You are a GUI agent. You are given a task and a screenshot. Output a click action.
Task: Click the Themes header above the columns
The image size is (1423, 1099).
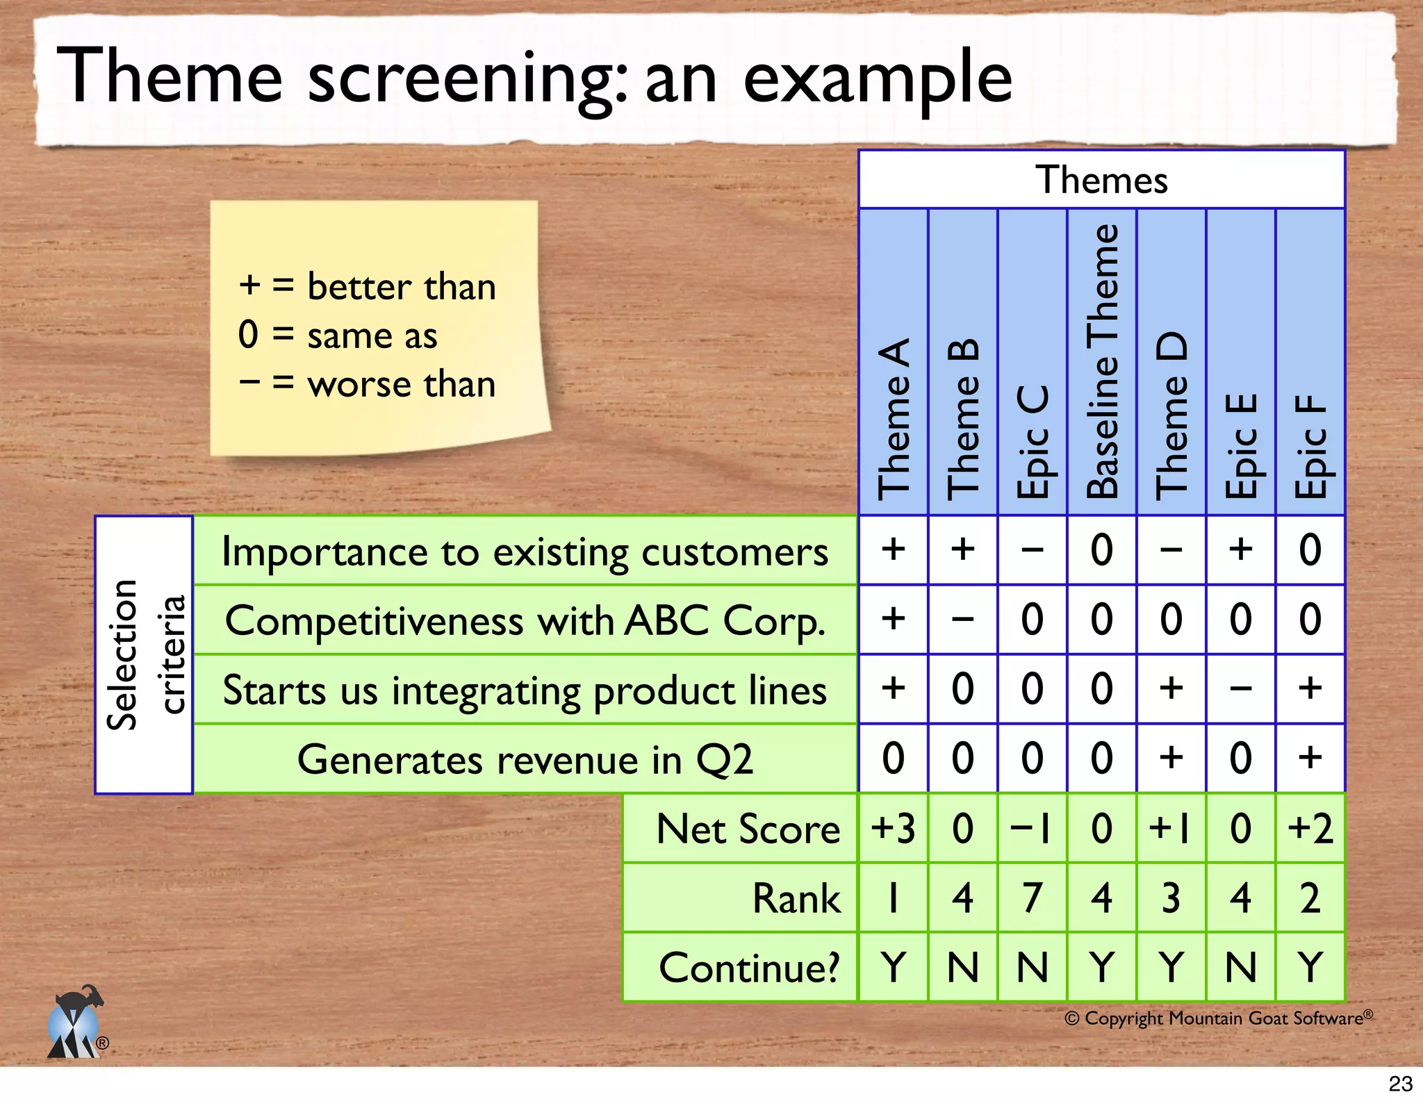pyautogui.click(x=1101, y=180)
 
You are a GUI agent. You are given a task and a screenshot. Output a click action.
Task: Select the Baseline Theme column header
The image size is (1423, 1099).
pyautogui.click(x=1102, y=362)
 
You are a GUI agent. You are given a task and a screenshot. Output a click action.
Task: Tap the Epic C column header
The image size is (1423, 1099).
pyautogui.click(x=1033, y=440)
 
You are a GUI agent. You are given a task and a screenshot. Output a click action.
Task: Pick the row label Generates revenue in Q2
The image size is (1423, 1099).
pyautogui.click(x=525, y=759)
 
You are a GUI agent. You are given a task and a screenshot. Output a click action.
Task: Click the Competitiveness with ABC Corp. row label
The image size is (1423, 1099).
pyautogui.click(x=525, y=620)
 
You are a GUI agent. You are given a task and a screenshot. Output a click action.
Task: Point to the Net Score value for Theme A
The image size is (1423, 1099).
pyautogui.click(x=893, y=828)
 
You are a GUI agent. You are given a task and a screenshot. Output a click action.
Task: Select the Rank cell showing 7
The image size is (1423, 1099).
pyautogui.click(x=1033, y=898)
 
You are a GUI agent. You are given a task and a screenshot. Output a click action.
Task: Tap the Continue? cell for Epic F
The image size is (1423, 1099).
pyautogui.click(x=1310, y=967)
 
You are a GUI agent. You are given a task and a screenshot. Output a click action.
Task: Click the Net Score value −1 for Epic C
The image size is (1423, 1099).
pyautogui.click(x=1033, y=828)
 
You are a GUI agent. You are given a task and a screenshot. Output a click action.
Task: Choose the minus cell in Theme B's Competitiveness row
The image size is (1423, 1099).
pyautogui.click(x=963, y=619)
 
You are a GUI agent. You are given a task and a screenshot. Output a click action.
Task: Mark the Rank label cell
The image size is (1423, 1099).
pyautogui.click(x=796, y=898)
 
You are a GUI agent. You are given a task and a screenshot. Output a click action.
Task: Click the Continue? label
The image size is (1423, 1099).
pyautogui.click(x=749, y=968)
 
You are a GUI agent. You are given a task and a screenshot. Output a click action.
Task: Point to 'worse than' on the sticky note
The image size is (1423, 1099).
pyautogui.click(x=401, y=384)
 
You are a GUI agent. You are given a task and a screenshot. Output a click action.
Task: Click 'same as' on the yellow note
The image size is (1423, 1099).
pyautogui.click(x=372, y=336)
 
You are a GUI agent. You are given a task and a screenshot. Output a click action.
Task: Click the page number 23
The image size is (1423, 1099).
pyautogui.click(x=1400, y=1083)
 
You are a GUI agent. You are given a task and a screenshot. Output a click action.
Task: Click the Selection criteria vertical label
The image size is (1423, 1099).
pyautogui.click(x=145, y=654)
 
